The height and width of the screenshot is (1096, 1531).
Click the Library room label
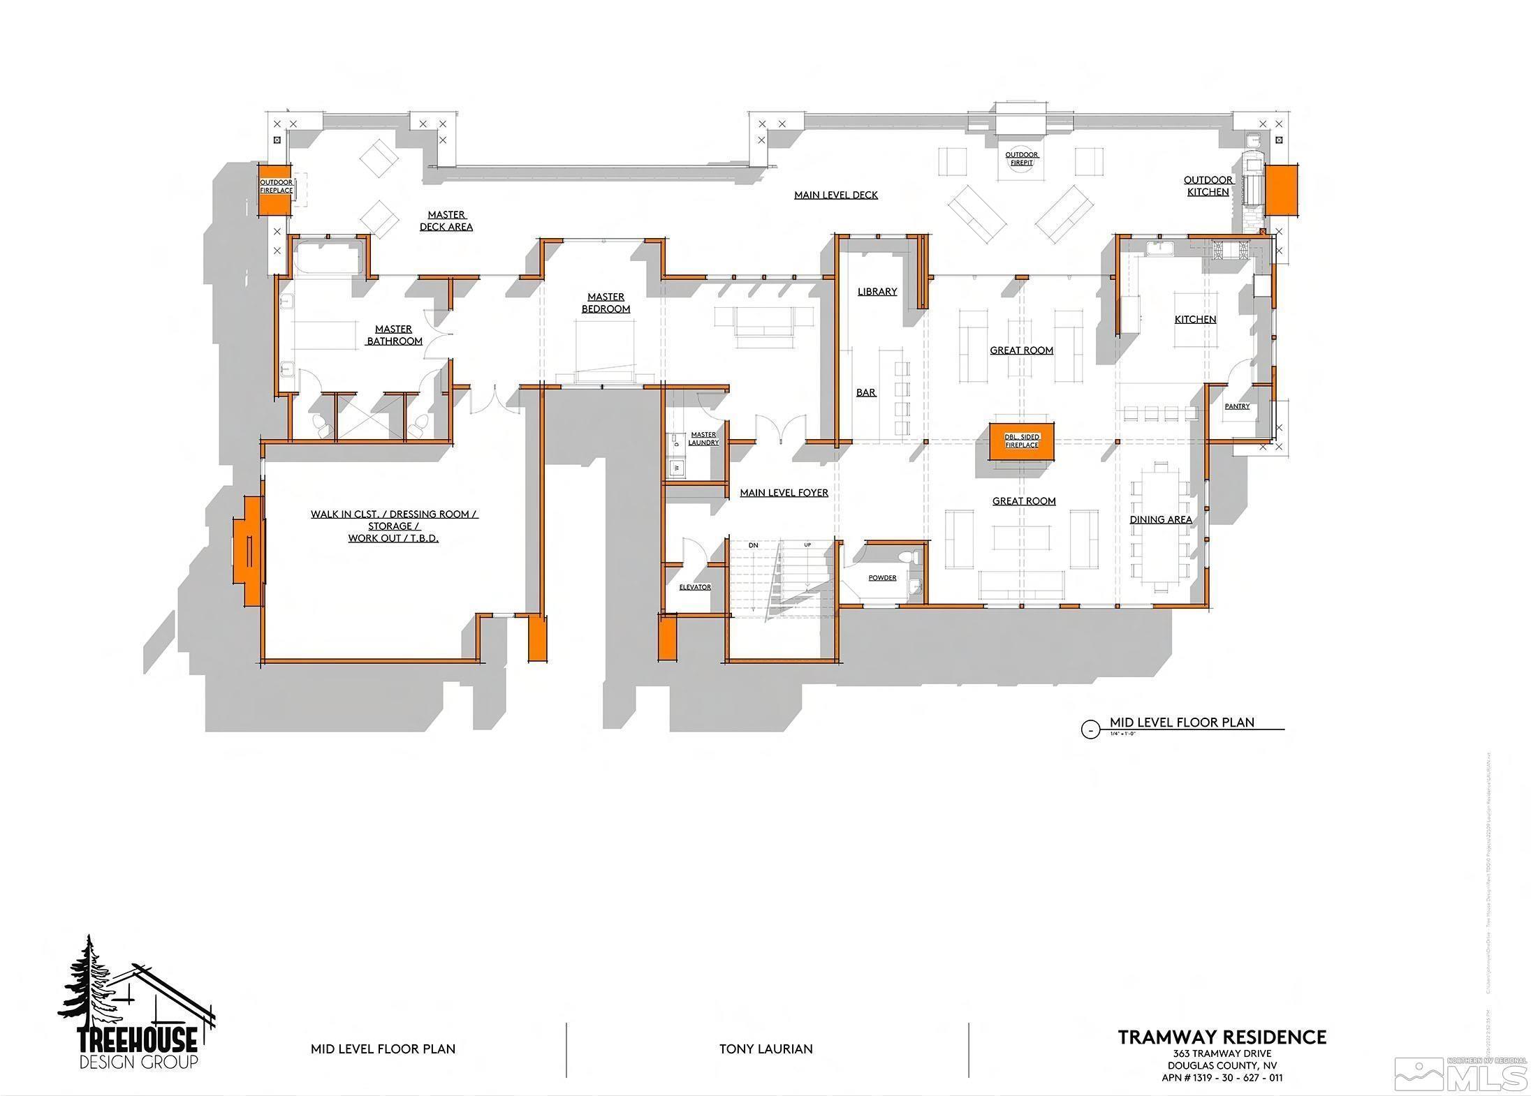[877, 292]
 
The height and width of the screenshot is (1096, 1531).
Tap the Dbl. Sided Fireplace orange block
[1021, 441]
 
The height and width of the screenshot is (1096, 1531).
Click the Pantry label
[1237, 406]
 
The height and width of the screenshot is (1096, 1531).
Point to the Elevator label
[695, 587]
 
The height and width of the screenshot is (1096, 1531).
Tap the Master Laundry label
[703, 438]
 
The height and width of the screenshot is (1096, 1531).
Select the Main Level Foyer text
[784, 493]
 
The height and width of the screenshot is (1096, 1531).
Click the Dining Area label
[1161, 519]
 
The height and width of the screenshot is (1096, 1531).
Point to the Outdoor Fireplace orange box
[275, 190]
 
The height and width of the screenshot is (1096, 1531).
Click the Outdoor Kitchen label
[1208, 186]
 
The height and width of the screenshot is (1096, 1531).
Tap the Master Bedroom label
[606, 303]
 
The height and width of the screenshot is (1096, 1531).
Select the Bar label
[866, 393]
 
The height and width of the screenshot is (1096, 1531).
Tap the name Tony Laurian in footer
[765, 1049]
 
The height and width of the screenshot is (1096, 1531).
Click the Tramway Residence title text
[1222, 1037]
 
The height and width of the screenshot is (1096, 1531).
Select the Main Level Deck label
[835, 195]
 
